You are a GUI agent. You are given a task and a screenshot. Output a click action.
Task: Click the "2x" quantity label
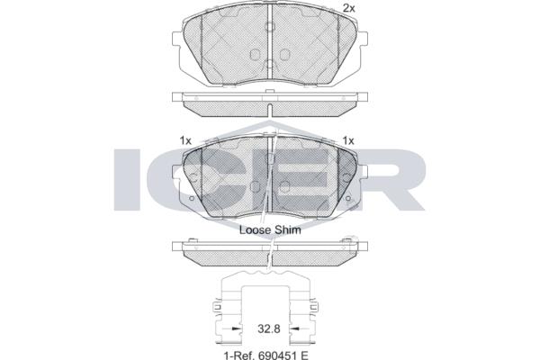[x=349, y=8]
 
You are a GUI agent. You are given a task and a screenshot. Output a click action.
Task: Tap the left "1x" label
[x=185, y=140]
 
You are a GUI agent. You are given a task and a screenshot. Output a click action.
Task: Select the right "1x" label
[x=348, y=140]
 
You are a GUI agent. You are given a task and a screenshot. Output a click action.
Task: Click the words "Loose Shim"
[x=270, y=229]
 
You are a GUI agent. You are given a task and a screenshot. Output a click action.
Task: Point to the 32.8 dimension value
[x=269, y=328]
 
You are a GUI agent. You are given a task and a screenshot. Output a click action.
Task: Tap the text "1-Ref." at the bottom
[x=238, y=355]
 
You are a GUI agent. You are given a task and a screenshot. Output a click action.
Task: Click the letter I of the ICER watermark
[x=126, y=179]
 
